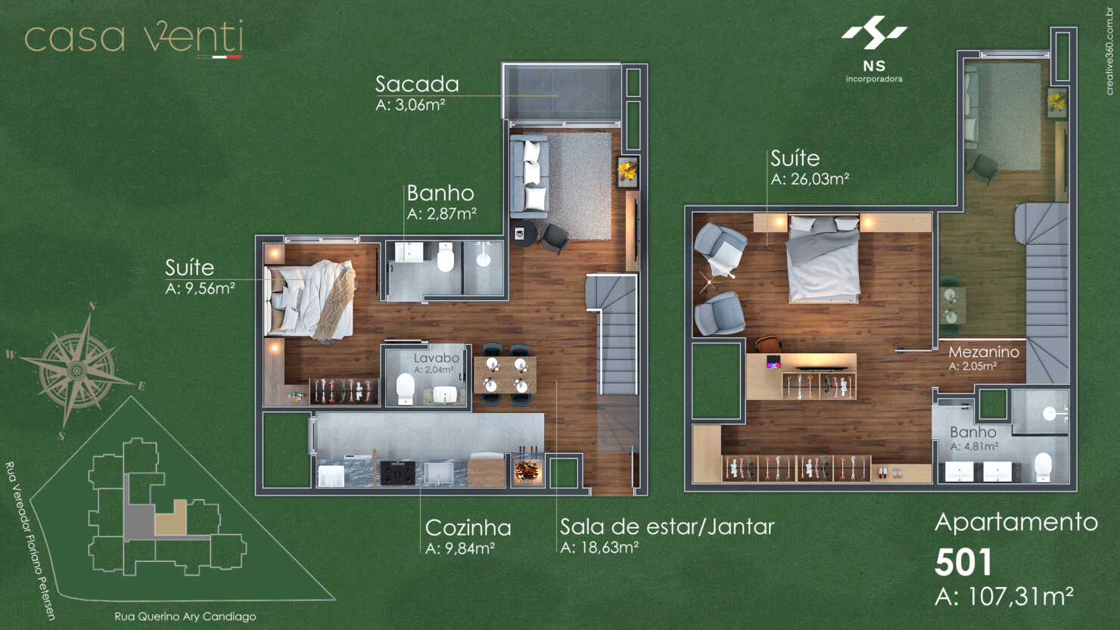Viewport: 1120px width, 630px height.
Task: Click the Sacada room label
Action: tap(417, 84)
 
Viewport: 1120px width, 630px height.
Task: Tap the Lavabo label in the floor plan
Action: tap(436, 358)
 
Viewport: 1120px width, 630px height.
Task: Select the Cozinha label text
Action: tap(468, 528)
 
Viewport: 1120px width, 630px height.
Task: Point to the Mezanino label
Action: tap(983, 352)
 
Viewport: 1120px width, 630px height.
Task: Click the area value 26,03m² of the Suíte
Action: tap(810, 179)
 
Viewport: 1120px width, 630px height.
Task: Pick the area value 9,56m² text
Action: tap(200, 288)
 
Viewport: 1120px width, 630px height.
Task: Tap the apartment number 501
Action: tap(963, 562)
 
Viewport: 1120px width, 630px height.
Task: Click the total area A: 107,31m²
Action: tap(1003, 597)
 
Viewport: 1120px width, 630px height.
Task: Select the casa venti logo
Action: tap(134, 38)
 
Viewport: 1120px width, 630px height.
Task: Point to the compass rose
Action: tap(76, 370)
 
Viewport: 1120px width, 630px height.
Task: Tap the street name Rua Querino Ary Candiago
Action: tap(185, 616)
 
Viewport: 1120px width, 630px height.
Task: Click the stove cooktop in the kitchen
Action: tap(397, 473)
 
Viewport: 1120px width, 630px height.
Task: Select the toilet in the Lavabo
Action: tap(406, 389)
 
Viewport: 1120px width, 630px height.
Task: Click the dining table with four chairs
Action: tap(506, 375)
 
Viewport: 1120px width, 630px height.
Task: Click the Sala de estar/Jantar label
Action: tap(667, 526)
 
